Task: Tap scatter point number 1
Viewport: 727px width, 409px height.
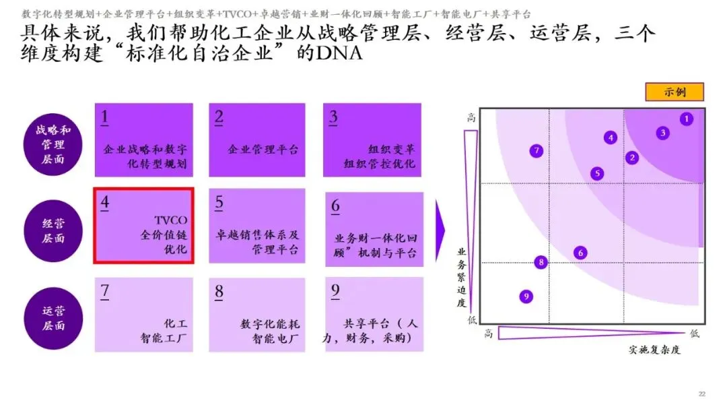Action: [686, 119]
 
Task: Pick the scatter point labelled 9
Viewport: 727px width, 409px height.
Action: [526, 296]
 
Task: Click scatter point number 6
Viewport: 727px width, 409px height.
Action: [580, 253]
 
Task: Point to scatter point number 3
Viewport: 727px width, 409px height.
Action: [662, 133]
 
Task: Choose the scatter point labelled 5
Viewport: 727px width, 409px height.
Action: [597, 173]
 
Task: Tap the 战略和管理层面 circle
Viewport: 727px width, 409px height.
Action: [53, 145]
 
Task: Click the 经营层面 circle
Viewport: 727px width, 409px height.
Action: [53, 231]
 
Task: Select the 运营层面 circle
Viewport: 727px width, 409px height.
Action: [53, 318]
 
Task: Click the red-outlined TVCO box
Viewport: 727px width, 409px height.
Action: [144, 226]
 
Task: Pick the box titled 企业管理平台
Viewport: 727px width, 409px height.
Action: [258, 139]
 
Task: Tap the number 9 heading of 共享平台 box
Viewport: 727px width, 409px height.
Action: [335, 291]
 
